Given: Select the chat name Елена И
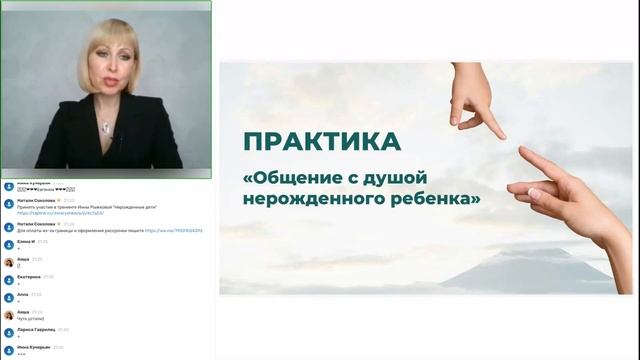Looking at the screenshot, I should click(x=26, y=241).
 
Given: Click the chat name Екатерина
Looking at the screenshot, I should click(x=29, y=276).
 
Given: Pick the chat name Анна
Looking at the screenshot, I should click(x=23, y=294).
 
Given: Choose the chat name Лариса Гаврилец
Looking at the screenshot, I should click(x=36, y=329).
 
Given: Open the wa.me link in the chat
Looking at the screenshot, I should click(x=174, y=230).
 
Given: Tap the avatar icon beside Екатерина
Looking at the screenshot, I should click(x=8, y=278).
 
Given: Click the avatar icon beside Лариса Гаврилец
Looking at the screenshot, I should click(x=8, y=331).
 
